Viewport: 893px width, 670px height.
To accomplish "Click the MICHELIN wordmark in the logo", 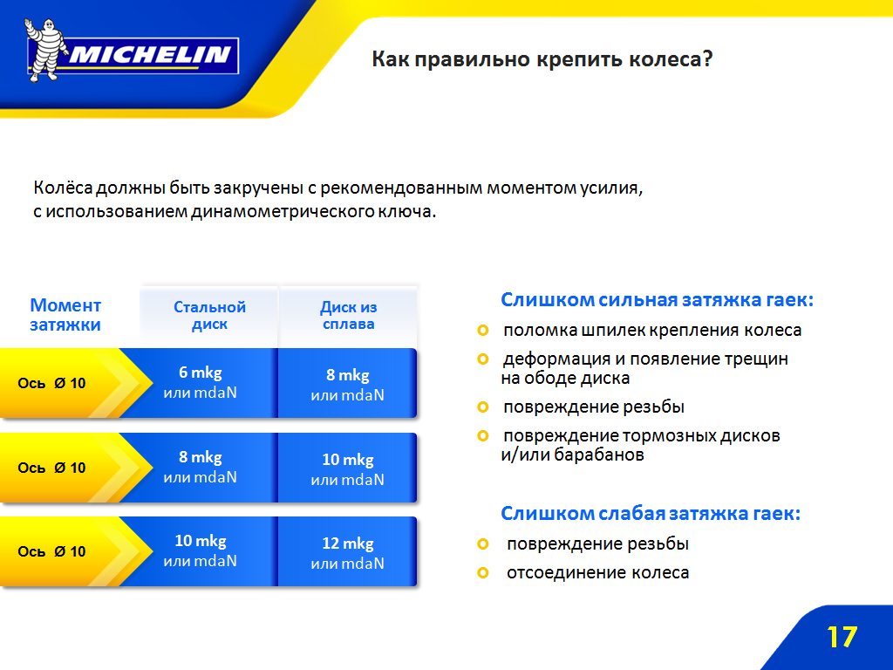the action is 150,55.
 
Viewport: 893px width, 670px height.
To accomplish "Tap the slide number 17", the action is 842,637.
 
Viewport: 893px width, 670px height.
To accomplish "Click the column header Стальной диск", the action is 209,316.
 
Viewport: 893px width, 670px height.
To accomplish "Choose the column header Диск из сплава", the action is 349,316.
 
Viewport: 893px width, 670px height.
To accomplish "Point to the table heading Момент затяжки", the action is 65,314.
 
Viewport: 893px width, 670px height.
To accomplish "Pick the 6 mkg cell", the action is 200,382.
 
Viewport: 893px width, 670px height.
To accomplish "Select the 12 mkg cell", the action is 347,552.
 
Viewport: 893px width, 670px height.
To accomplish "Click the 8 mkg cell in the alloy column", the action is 347,384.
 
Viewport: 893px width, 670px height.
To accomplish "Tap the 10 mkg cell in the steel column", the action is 200,550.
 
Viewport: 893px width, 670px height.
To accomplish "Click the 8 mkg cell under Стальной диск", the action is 200,467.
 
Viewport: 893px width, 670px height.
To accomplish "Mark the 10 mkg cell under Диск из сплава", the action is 347,468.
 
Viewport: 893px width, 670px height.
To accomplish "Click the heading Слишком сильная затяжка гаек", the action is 658,300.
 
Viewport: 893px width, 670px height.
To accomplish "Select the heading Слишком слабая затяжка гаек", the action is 651,513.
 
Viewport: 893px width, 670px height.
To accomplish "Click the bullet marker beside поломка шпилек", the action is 483,331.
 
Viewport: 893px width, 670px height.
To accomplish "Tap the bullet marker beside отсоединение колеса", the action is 483,572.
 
